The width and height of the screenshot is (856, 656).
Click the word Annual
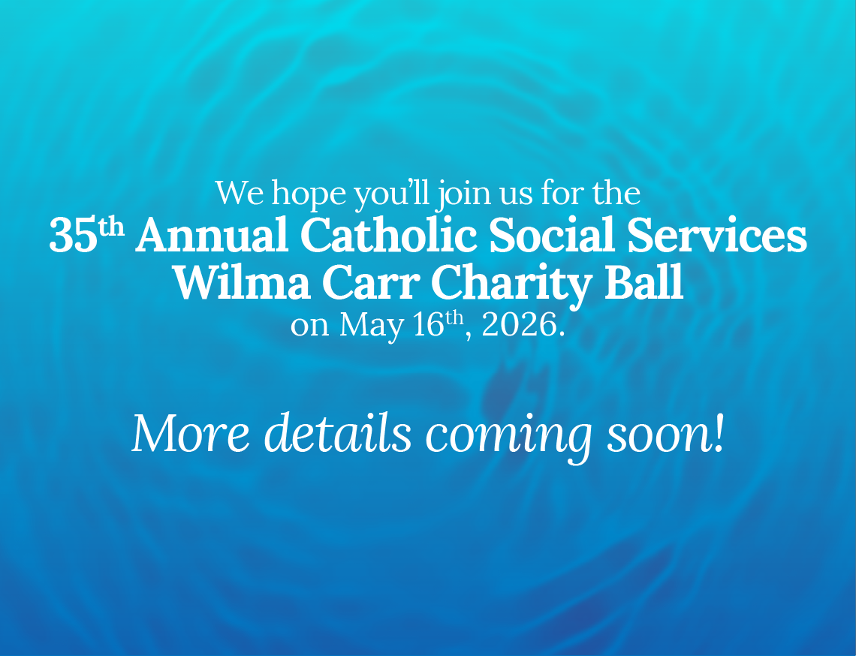point(212,235)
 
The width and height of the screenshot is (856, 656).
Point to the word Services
point(717,235)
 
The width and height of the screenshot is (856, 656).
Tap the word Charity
point(512,284)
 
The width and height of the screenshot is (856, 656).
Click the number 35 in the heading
point(74,236)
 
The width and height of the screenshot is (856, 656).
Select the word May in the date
point(372,325)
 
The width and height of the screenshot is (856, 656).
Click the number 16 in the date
point(429,324)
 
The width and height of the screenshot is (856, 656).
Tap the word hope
point(309,194)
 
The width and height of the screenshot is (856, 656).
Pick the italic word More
point(191,433)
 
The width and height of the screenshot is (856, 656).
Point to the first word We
point(240,193)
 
